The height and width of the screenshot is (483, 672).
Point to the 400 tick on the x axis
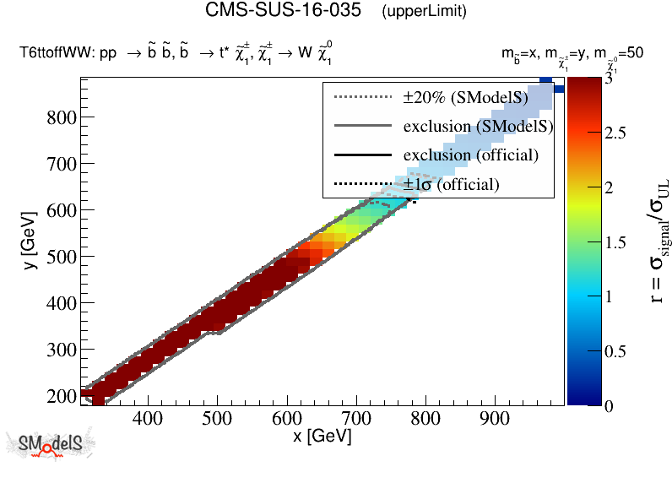pyautogui.click(x=149, y=416)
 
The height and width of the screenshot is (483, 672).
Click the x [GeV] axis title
pyautogui.click(x=322, y=437)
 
